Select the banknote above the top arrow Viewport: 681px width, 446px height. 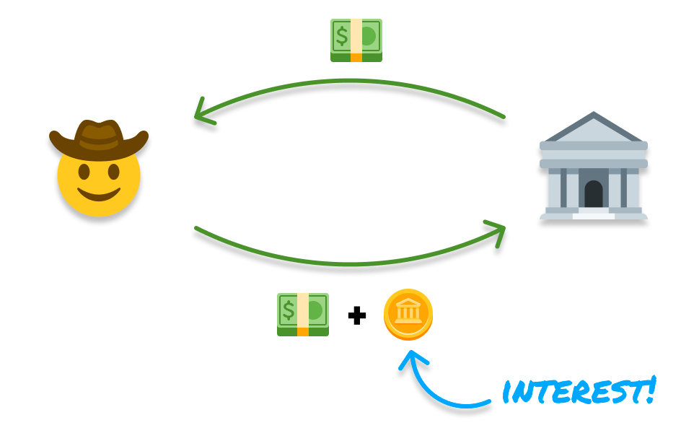tap(356, 40)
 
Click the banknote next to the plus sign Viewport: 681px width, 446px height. tap(303, 314)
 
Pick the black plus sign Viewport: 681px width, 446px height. tap(356, 315)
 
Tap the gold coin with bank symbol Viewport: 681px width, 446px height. tap(408, 315)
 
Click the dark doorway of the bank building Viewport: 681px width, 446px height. tap(593, 194)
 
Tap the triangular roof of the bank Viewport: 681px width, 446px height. tap(593, 128)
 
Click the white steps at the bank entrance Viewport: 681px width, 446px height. tap(593, 214)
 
